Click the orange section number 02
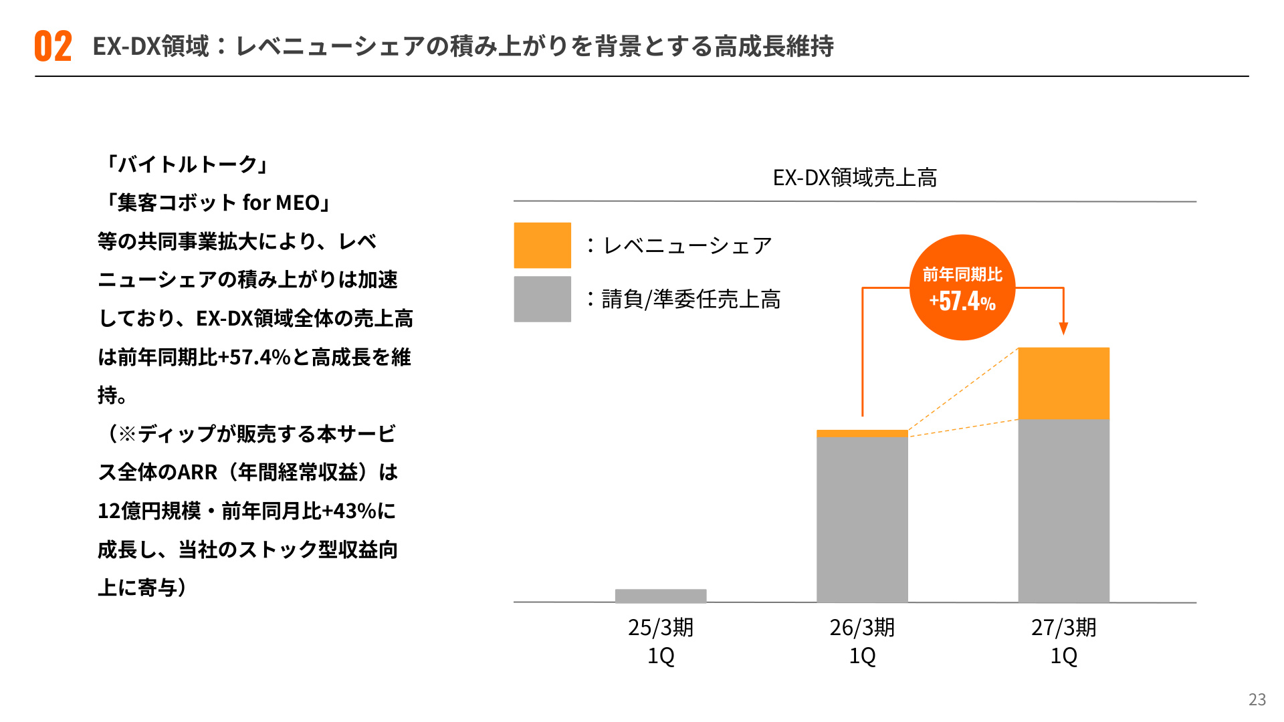tap(53, 46)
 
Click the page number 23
tap(1257, 699)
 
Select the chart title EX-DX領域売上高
tap(855, 177)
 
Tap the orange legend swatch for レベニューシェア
tap(542, 245)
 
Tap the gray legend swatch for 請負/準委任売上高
tap(542, 299)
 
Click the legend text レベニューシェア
tap(687, 245)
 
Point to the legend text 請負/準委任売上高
tap(691, 299)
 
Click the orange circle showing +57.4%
tap(962, 287)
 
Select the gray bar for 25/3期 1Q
tap(661, 596)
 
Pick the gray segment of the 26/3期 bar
tap(863, 519)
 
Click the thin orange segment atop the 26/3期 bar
tap(863, 433)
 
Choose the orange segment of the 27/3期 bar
tap(1064, 384)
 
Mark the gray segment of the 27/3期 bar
tap(1064, 511)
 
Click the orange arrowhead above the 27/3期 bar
tap(1063, 328)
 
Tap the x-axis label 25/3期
tap(661, 627)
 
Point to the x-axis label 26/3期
tap(862, 627)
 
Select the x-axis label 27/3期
tap(1063, 627)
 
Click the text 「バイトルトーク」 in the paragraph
tap(187, 164)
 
